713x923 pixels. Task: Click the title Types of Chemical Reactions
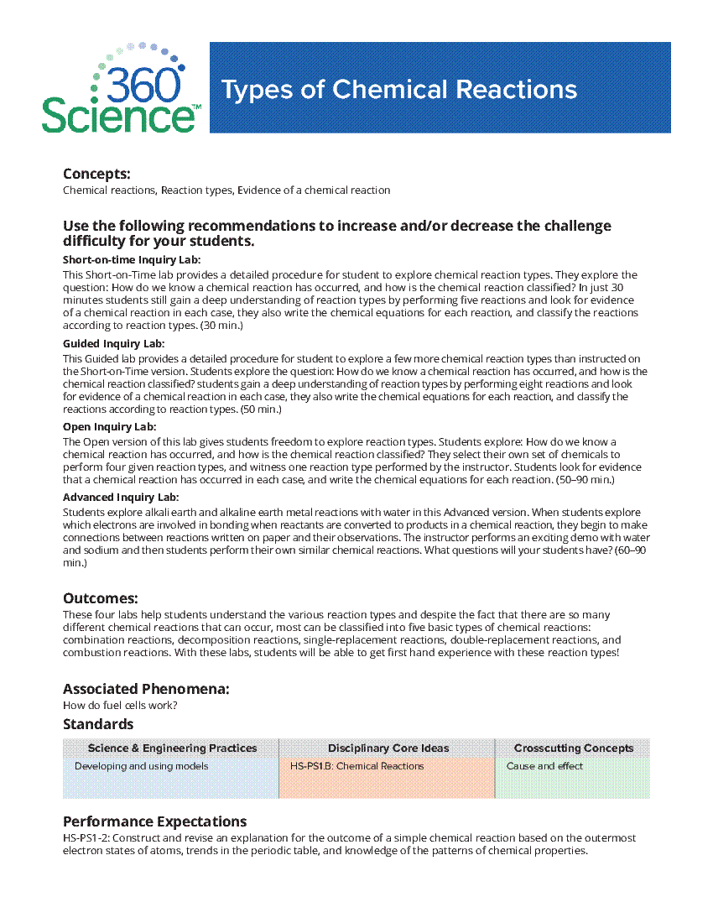click(398, 90)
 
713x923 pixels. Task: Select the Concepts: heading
click(96, 174)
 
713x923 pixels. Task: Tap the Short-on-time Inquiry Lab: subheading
click(132, 260)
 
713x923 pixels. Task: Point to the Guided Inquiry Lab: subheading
click(113, 344)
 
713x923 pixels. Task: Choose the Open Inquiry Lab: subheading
click(109, 426)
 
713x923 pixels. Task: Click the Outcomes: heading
click(101, 598)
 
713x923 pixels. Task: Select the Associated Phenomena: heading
click(146, 689)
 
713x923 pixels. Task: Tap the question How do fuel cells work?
click(120, 705)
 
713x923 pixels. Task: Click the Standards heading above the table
click(98, 723)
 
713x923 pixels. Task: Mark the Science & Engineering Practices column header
click(172, 748)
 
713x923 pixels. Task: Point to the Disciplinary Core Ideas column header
click(388, 748)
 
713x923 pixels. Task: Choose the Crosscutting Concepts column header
click(574, 748)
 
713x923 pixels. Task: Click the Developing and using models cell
click(141, 766)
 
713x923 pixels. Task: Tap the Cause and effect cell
click(544, 766)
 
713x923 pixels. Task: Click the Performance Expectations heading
click(154, 821)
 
